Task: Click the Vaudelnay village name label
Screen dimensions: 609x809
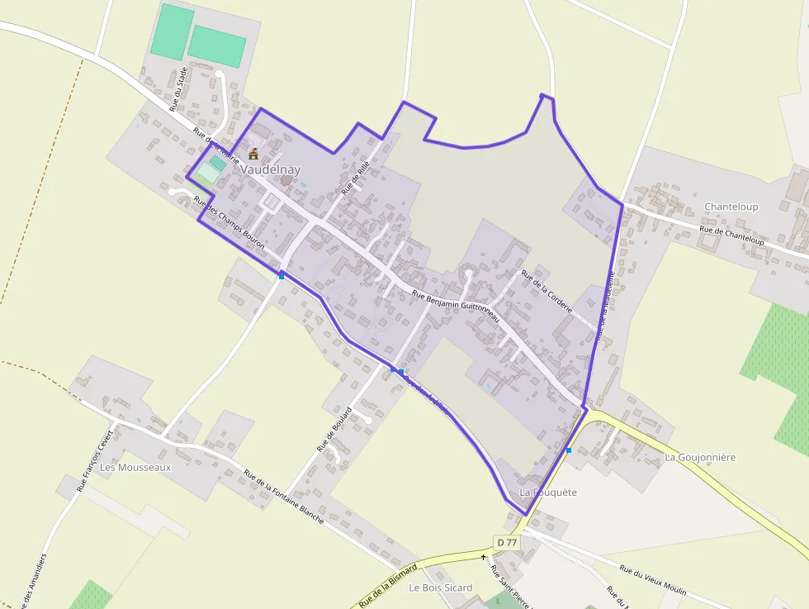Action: (x=271, y=169)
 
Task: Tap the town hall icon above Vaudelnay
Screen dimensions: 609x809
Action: (x=253, y=154)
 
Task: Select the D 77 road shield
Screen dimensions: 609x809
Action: (x=507, y=542)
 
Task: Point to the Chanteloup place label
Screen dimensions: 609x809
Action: (x=731, y=207)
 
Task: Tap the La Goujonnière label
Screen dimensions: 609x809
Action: (x=699, y=457)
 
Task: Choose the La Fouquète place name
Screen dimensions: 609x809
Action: (x=548, y=492)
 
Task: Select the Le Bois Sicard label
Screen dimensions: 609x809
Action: (x=441, y=588)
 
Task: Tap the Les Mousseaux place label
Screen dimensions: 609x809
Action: (x=135, y=467)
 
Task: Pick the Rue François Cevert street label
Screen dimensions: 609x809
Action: (x=93, y=461)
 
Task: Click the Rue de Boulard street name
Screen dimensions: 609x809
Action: (x=334, y=429)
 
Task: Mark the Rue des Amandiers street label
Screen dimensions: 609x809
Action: (x=32, y=583)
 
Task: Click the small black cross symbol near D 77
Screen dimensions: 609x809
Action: (x=484, y=557)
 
